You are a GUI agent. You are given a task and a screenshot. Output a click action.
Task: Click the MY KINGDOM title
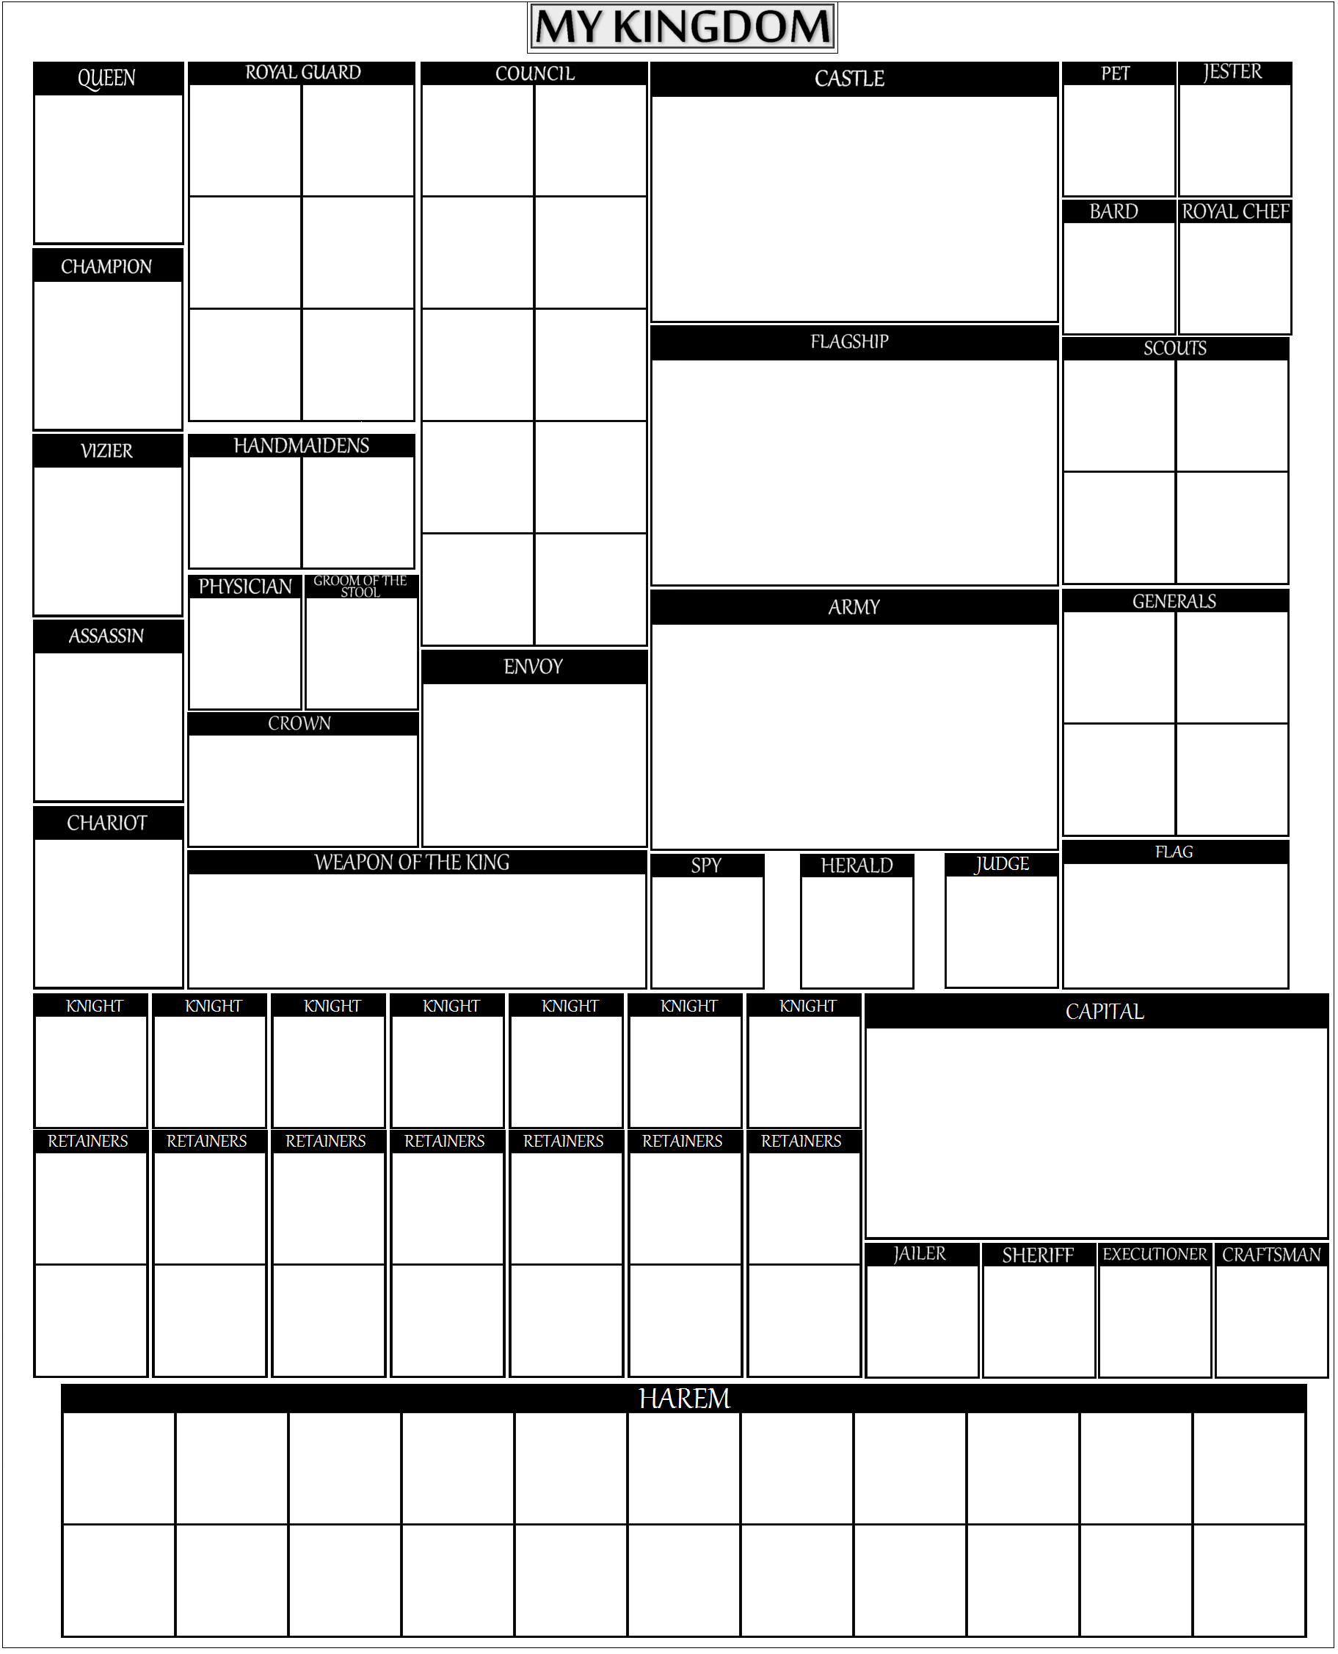click(x=682, y=28)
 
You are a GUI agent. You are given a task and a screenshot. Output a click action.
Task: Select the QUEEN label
click(x=106, y=78)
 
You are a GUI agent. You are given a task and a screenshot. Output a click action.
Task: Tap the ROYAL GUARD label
click(x=303, y=73)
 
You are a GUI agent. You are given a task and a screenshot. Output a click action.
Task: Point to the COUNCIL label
click(x=535, y=74)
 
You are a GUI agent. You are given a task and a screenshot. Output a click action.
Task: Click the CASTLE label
click(x=849, y=79)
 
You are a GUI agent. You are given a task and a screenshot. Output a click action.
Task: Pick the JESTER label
click(x=1232, y=73)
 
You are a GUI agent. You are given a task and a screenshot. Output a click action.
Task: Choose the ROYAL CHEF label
click(x=1235, y=212)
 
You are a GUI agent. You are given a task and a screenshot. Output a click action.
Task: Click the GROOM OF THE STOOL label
click(x=360, y=587)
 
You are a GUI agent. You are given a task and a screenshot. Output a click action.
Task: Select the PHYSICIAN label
click(x=245, y=587)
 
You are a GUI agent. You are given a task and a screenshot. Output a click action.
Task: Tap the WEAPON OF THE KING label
click(x=412, y=863)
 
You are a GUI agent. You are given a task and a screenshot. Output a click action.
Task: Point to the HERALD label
click(x=857, y=866)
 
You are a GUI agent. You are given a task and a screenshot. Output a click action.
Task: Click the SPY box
click(x=707, y=922)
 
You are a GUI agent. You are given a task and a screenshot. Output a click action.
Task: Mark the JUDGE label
click(x=1001, y=864)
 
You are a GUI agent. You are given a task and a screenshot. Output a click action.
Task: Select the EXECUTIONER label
click(x=1155, y=1255)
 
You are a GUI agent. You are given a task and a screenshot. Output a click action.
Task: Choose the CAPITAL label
click(x=1105, y=1012)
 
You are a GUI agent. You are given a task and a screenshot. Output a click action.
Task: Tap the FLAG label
click(x=1174, y=852)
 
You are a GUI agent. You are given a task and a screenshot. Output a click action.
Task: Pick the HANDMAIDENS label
click(x=302, y=446)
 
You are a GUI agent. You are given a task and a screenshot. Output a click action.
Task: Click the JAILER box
click(x=922, y=1310)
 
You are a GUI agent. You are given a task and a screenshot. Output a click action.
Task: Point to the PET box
click(x=1119, y=129)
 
